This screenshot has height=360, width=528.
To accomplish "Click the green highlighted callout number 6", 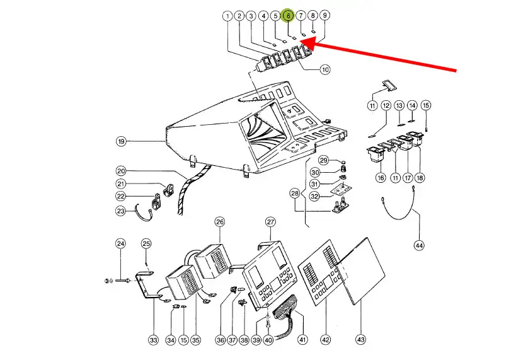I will tap(288, 15).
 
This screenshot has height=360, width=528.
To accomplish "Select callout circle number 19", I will tap(121, 142).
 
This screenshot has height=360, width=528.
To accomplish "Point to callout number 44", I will tap(419, 245).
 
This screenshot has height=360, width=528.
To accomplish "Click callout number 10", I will tap(324, 69).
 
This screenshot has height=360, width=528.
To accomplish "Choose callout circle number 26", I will tap(219, 222).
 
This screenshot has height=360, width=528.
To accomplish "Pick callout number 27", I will tap(270, 222).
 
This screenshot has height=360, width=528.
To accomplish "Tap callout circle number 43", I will tap(361, 340).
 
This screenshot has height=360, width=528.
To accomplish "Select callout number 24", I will tap(120, 244).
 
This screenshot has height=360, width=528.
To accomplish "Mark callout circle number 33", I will tap(153, 340).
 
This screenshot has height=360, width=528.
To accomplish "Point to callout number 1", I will tap(227, 16).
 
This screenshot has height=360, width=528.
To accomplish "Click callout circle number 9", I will tap(324, 15).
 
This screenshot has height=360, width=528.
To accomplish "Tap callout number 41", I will tap(302, 340).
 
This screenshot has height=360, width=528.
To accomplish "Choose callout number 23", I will tap(120, 211).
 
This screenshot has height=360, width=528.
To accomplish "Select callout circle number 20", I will tap(121, 171).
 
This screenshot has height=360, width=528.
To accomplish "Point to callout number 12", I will tap(386, 105).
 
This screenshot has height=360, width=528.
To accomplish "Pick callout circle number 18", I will tap(419, 178).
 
